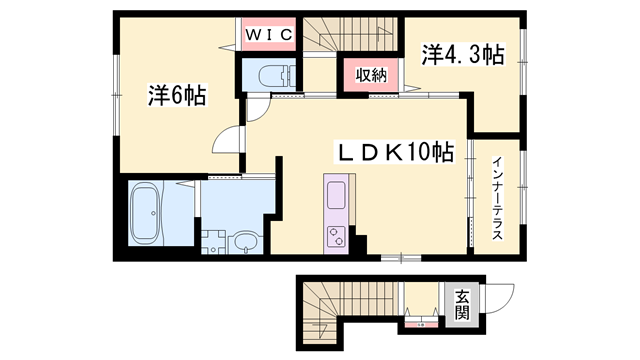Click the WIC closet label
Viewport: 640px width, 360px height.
[269, 35]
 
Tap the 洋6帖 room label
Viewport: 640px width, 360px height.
[177, 96]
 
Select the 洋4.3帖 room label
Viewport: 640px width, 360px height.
[463, 55]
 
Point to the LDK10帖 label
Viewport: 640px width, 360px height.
[394, 152]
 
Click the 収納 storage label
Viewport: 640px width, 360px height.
[371, 75]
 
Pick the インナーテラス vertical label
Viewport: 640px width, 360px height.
[497, 198]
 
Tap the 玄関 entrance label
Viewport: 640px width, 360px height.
[462, 305]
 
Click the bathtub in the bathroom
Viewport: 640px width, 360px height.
[145, 213]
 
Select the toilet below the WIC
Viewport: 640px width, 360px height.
[277, 76]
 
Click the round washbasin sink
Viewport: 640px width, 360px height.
[244, 243]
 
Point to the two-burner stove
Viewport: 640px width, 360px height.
[336, 237]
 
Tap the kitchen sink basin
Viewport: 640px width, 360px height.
[336, 195]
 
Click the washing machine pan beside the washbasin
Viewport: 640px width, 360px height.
[213, 242]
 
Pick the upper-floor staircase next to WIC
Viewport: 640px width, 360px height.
[350, 35]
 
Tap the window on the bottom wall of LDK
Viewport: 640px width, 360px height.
[401, 258]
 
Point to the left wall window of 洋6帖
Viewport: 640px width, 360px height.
[117, 95]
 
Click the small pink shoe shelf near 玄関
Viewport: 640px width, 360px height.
[422, 324]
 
